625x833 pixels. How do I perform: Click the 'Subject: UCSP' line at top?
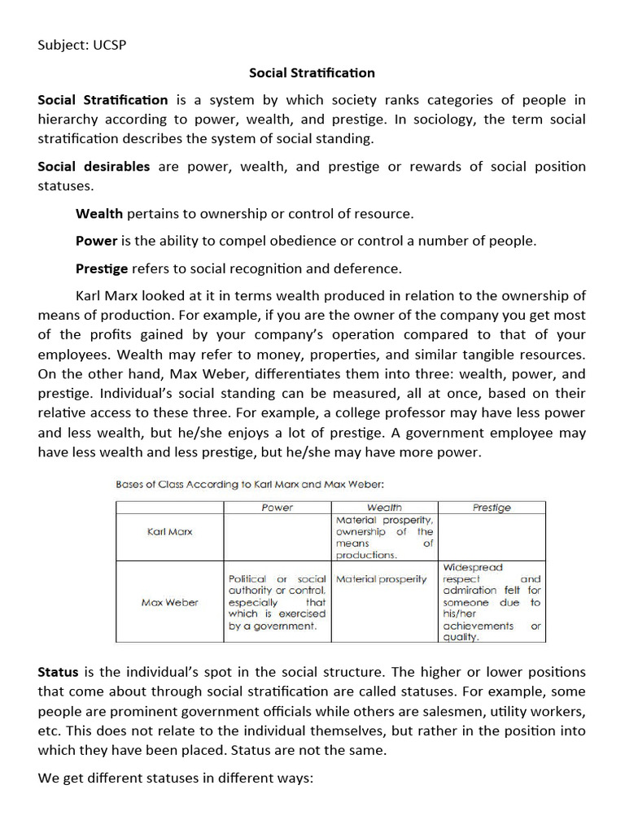point(82,44)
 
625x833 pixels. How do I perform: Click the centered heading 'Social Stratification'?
point(312,72)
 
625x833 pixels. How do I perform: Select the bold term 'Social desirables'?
point(94,166)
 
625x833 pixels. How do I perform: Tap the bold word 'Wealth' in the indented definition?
point(99,214)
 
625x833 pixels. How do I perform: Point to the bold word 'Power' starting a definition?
point(97,241)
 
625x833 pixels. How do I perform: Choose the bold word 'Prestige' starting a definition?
point(102,268)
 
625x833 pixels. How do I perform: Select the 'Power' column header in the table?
point(277,507)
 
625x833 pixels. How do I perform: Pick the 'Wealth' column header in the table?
point(384,507)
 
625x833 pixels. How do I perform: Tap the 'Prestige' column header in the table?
point(492,507)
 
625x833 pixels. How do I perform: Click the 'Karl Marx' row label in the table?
point(169,531)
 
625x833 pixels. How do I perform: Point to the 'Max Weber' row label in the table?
point(169,602)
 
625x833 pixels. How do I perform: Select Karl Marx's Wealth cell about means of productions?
point(384,537)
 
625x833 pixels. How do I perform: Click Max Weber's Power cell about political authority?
point(277,602)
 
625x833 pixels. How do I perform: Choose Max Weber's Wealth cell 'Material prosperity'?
point(381,579)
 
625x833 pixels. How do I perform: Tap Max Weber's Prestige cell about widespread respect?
point(492,602)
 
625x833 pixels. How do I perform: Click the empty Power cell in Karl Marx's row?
point(277,537)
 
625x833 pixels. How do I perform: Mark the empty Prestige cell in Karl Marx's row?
point(492,537)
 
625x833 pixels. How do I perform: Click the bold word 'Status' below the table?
point(58,673)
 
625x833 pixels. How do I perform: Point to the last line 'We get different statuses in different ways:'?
point(175,778)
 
